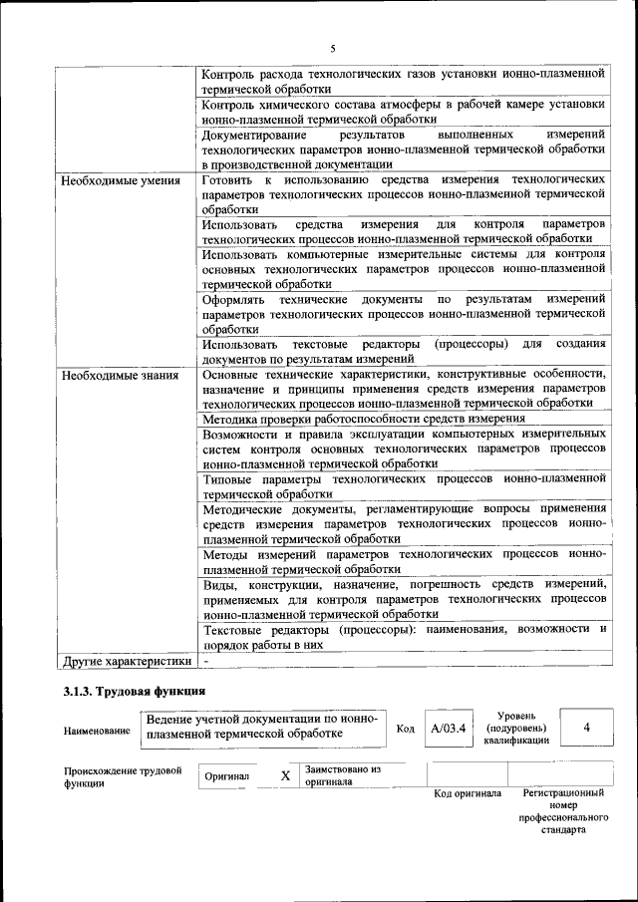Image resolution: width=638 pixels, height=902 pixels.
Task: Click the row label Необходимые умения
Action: (120, 181)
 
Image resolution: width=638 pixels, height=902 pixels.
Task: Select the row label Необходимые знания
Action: (120, 376)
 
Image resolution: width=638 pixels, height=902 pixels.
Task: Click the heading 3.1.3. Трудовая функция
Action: (134, 691)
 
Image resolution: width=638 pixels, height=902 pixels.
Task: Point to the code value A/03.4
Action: (448, 729)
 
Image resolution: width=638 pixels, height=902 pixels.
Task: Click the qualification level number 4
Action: (586, 728)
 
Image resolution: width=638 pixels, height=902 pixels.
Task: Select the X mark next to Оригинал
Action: (285, 775)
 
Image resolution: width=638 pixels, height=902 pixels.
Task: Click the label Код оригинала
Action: (468, 794)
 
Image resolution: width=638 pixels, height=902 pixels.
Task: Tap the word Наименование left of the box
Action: (97, 731)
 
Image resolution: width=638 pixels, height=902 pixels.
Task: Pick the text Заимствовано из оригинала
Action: (343, 775)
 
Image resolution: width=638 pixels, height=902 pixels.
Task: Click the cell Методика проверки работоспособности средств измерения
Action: (363, 419)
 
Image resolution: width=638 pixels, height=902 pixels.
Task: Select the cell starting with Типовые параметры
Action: (404, 485)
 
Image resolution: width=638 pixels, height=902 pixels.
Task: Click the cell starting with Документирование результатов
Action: (404, 149)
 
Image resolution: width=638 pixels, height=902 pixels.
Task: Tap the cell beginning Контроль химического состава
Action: (404, 110)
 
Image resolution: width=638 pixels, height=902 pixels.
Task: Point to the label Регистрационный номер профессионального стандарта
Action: (563, 810)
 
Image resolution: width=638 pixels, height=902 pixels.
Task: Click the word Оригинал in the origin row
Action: (227, 775)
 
